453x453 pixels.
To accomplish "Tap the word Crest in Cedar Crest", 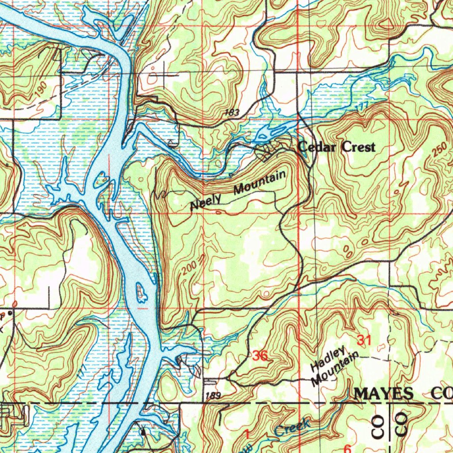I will [x=358, y=147].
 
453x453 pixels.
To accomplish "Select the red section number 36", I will [x=261, y=355].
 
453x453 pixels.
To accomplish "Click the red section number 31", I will [x=363, y=340].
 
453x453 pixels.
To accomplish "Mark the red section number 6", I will [x=347, y=449].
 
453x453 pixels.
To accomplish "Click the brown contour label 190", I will [x=40, y=90].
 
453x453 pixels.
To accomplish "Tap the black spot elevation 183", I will [x=232, y=113].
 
